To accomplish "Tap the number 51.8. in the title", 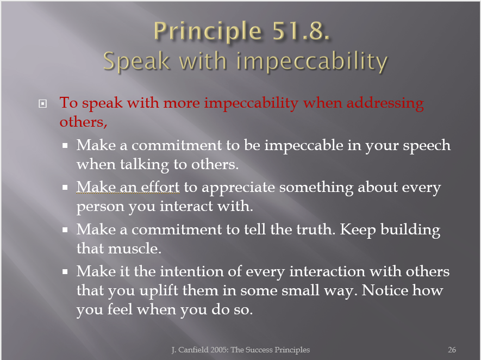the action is click(301, 30).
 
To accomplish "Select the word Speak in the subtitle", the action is click(136, 61).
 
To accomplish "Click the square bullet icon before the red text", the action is click(42, 104).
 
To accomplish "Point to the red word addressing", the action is click(385, 103).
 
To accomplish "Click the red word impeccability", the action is click(251, 103).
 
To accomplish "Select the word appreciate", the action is click(238, 188).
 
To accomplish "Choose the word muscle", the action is click(135, 249).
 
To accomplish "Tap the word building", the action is click(410, 230).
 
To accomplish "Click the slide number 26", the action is click(452, 350).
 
